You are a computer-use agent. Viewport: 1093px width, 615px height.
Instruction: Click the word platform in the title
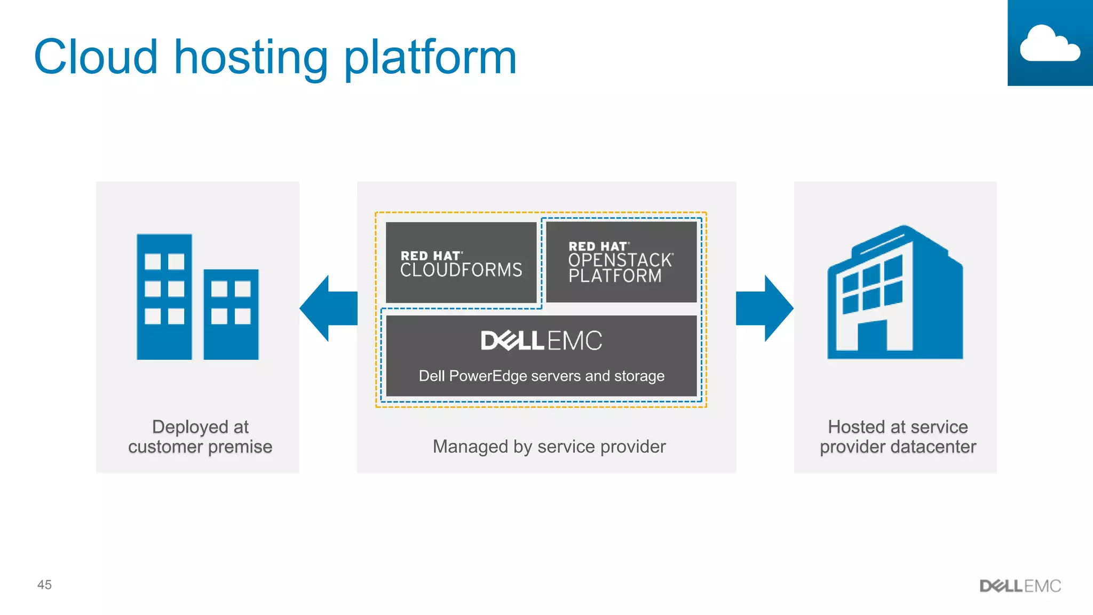430,58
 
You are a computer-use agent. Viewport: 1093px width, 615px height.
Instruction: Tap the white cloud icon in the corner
1049,44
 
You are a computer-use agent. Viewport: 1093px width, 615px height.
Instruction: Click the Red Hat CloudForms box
461,263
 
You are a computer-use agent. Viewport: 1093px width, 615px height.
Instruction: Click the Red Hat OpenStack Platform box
621,262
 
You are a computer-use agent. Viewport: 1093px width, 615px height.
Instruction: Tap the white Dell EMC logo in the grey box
541,341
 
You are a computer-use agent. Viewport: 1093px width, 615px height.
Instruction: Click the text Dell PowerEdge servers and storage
541,376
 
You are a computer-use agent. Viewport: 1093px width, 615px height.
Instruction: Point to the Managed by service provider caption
549,446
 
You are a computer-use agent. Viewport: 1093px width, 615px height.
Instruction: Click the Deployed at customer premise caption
200,437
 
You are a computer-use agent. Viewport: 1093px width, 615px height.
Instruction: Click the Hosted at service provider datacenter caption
898,437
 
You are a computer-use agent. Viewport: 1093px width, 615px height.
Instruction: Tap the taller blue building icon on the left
164,297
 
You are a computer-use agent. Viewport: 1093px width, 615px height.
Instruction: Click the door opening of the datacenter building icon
873,336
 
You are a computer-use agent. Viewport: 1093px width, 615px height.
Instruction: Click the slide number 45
44,585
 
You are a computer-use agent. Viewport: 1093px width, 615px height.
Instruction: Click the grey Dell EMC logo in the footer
1020,586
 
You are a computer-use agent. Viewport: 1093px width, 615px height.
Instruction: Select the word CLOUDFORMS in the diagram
461,270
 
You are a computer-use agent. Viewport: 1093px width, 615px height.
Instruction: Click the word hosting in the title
251,58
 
